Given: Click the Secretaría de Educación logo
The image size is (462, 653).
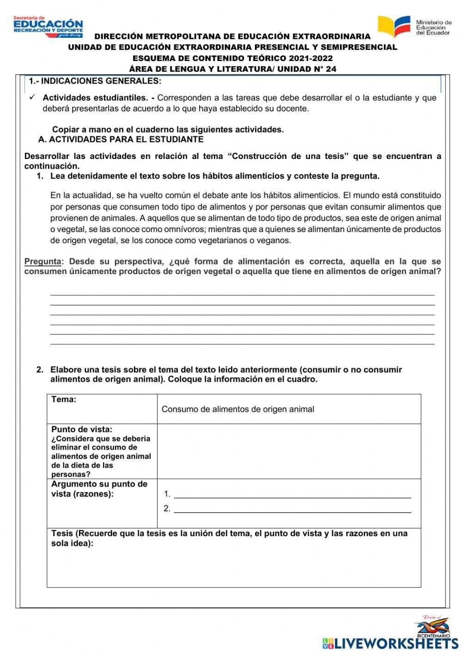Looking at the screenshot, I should (x=48, y=27).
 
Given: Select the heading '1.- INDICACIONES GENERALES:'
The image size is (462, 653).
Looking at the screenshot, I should (x=95, y=81).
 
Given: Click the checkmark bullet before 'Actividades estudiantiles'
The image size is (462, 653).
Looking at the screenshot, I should (x=32, y=98).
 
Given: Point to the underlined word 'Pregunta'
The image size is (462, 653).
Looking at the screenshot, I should (x=43, y=262).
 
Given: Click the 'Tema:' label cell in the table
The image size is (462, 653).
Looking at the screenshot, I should (x=64, y=400).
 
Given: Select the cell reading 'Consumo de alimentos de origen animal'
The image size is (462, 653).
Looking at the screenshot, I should (x=238, y=409).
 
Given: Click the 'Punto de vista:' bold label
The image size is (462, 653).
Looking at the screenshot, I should (x=82, y=429).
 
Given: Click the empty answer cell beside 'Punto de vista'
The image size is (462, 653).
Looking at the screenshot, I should (x=289, y=451).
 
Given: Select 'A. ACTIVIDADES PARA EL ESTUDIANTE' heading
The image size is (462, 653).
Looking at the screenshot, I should (x=121, y=140).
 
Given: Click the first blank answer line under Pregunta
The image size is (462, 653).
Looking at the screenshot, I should (x=242, y=293).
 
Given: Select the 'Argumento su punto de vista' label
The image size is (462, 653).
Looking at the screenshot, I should (x=99, y=489).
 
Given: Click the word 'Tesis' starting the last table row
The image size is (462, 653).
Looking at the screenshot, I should (x=62, y=534).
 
